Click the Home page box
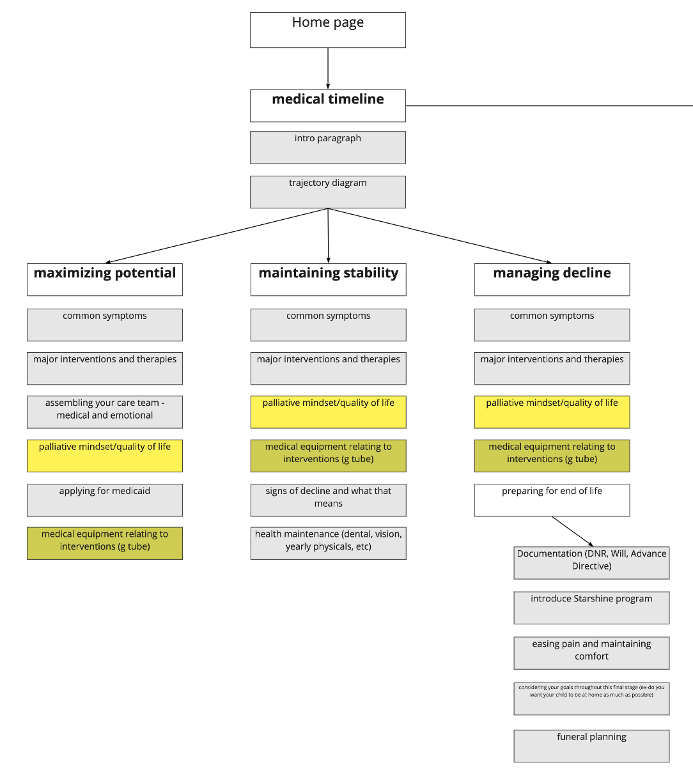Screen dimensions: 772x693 tap(327, 29)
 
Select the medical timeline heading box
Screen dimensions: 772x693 tap(327, 105)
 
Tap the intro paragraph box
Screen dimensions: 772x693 tap(327, 147)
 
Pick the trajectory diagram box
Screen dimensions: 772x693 tap(327, 192)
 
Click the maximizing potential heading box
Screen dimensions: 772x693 tap(105, 279)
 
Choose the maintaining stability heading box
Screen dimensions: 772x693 tap(328, 279)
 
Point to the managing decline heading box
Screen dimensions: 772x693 tap(552, 279)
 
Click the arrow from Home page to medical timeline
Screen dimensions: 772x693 tap(328, 68)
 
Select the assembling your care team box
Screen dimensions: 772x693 tap(105, 412)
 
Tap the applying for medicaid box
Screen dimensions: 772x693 tap(105, 500)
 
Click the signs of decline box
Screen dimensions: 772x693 tap(328, 500)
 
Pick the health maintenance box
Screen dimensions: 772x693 tap(328, 543)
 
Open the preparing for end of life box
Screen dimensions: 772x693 tap(552, 500)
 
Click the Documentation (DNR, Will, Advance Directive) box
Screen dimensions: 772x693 tap(591, 562)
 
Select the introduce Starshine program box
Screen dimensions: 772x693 tap(591, 607)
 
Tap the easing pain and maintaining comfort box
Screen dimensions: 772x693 tap(591, 652)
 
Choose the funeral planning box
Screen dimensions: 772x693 tap(591, 746)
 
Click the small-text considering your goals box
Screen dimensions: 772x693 tap(591, 699)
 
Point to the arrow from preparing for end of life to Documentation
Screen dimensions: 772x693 tap(572, 531)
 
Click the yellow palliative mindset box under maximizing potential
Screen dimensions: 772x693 tap(105, 456)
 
